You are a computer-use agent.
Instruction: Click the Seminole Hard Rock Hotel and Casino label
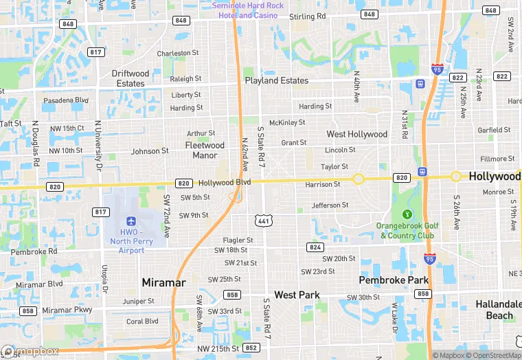pyautogui.click(x=247, y=10)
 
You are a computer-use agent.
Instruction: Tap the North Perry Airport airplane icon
pyautogui.click(x=130, y=221)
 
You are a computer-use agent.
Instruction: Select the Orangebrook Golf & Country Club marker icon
pyautogui.click(x=407, y=214)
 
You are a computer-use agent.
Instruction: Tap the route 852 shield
pyautogui.click(x=251, y=348)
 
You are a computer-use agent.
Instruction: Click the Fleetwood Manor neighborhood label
pyautogui.click(x=205, y=150)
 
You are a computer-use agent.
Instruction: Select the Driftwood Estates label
pyautogui.click(x=130, y=78)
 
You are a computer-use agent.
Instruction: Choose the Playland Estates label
pyautogui.click(x=277, y=80)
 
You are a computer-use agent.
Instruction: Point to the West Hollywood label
pyautogui.click(x=356, y=134)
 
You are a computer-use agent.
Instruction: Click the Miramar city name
pyautogui.click(x=163, y=282)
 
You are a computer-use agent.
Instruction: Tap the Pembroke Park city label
pyautogui.click(x=394, y=280)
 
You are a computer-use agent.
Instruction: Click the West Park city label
pyautogui.click(x=297, y=295)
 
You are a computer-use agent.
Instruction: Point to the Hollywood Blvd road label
pyautogui.click(x=225, y=183)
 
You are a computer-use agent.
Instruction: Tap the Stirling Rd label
pyautogui.click(x=307, y=16)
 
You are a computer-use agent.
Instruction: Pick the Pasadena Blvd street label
pyautogui.click(x=66, y=100)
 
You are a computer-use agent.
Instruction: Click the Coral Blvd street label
pyautogui.click(x=142, y=321)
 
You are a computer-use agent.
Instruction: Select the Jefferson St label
pyautogui.click(x=330, y=205)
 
